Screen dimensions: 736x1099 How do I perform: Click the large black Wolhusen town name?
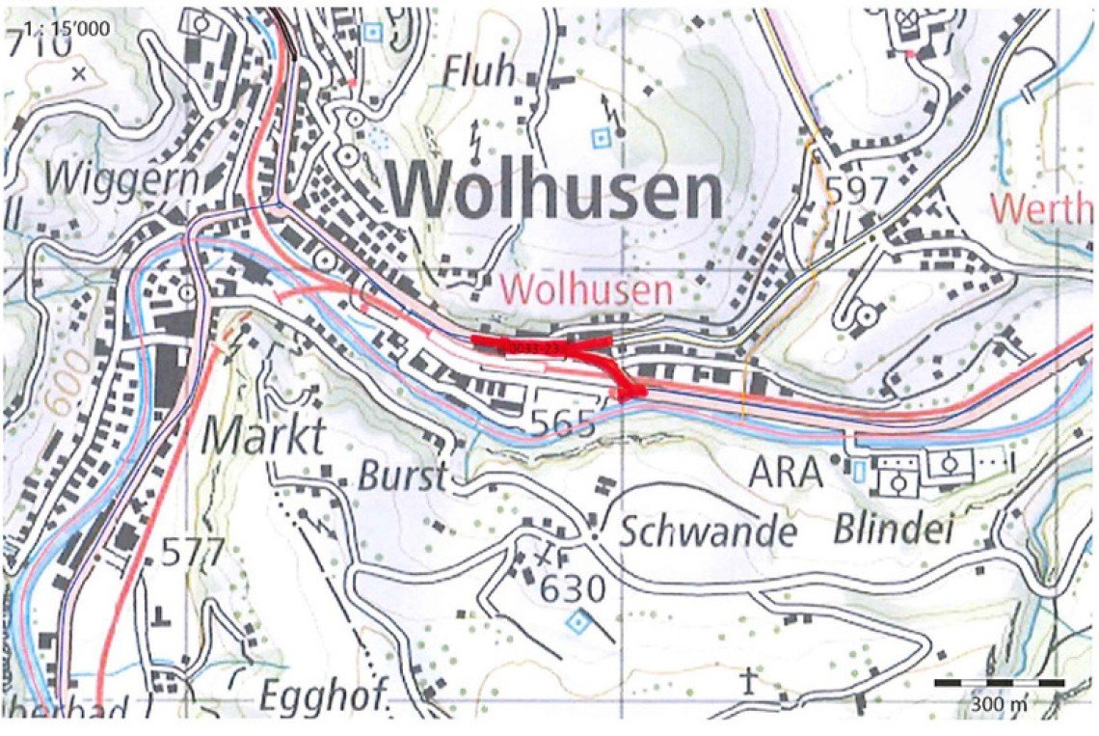(556, 193)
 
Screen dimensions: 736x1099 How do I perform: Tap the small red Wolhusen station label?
(586, 288)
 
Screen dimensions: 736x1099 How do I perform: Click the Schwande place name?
(707, 532)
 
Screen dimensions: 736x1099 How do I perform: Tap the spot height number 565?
(566, 422)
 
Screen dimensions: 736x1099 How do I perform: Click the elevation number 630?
(573, 587)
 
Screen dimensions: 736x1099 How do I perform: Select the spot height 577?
(193, 553)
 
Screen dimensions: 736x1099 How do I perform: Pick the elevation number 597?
(857, 191)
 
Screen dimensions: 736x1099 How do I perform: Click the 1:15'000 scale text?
(57, 26)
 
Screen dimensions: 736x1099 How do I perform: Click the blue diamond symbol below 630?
(576, 623)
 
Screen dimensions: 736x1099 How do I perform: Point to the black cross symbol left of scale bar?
(749, 680)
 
